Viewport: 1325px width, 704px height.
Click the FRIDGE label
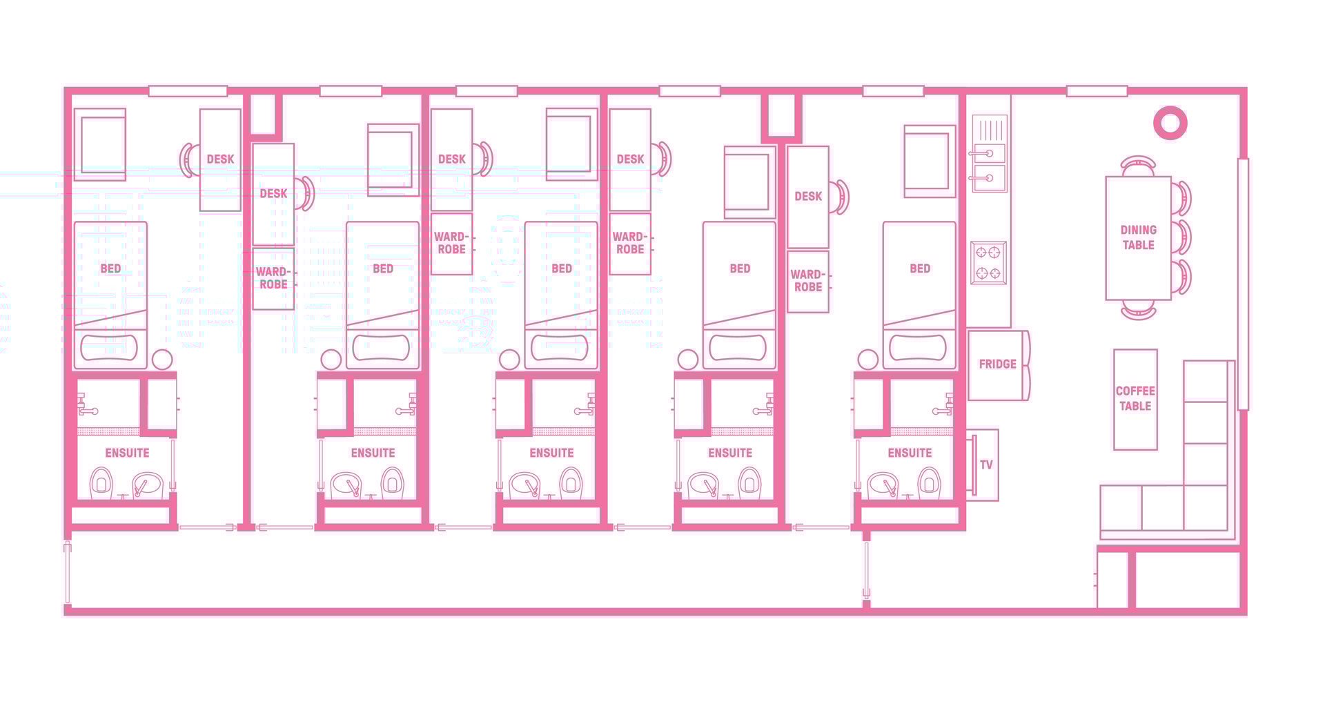click(x=997, y=364)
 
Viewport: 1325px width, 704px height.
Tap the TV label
click(x=986, y=465)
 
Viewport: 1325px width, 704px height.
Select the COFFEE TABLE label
click(x=1135, y=398)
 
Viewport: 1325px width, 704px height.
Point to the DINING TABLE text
click(x=1138, y=237)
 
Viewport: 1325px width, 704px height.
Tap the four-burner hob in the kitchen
click(x=988, y=263)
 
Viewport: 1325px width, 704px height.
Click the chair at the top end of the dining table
click(x=1138, y=166)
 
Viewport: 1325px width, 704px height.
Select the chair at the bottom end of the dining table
click(x=1138, y=309)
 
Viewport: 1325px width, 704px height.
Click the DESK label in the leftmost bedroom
click(x=220, y=159)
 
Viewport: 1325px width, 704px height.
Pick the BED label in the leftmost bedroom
click(x=110, y=268)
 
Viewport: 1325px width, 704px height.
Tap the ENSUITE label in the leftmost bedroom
click(x=127, y=453)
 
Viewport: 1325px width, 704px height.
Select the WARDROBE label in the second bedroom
click(x=273, y=277)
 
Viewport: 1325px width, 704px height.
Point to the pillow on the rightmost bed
click(x=918, y=348)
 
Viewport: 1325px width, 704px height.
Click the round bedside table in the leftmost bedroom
click(x=162, y=360)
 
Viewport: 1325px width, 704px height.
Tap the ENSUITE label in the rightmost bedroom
click(x=910, y=453)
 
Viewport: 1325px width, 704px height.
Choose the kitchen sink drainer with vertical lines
click(x=989, y=130)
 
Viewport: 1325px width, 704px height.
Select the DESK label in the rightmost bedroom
click(x=807, y=196)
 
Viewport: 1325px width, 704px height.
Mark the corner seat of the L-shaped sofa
click(x=1206, y=507)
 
